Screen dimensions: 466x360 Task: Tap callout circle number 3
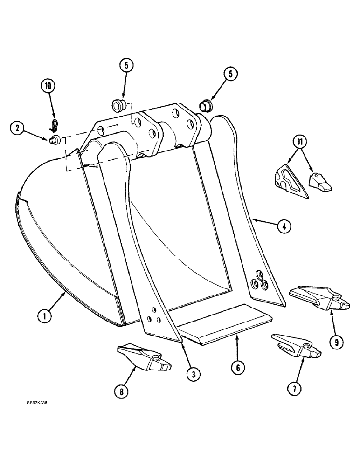(191, 373)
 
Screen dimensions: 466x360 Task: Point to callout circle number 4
(284, 227)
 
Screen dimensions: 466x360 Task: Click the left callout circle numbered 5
(126, 66)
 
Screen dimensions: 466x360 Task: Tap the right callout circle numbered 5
(230, 74)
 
